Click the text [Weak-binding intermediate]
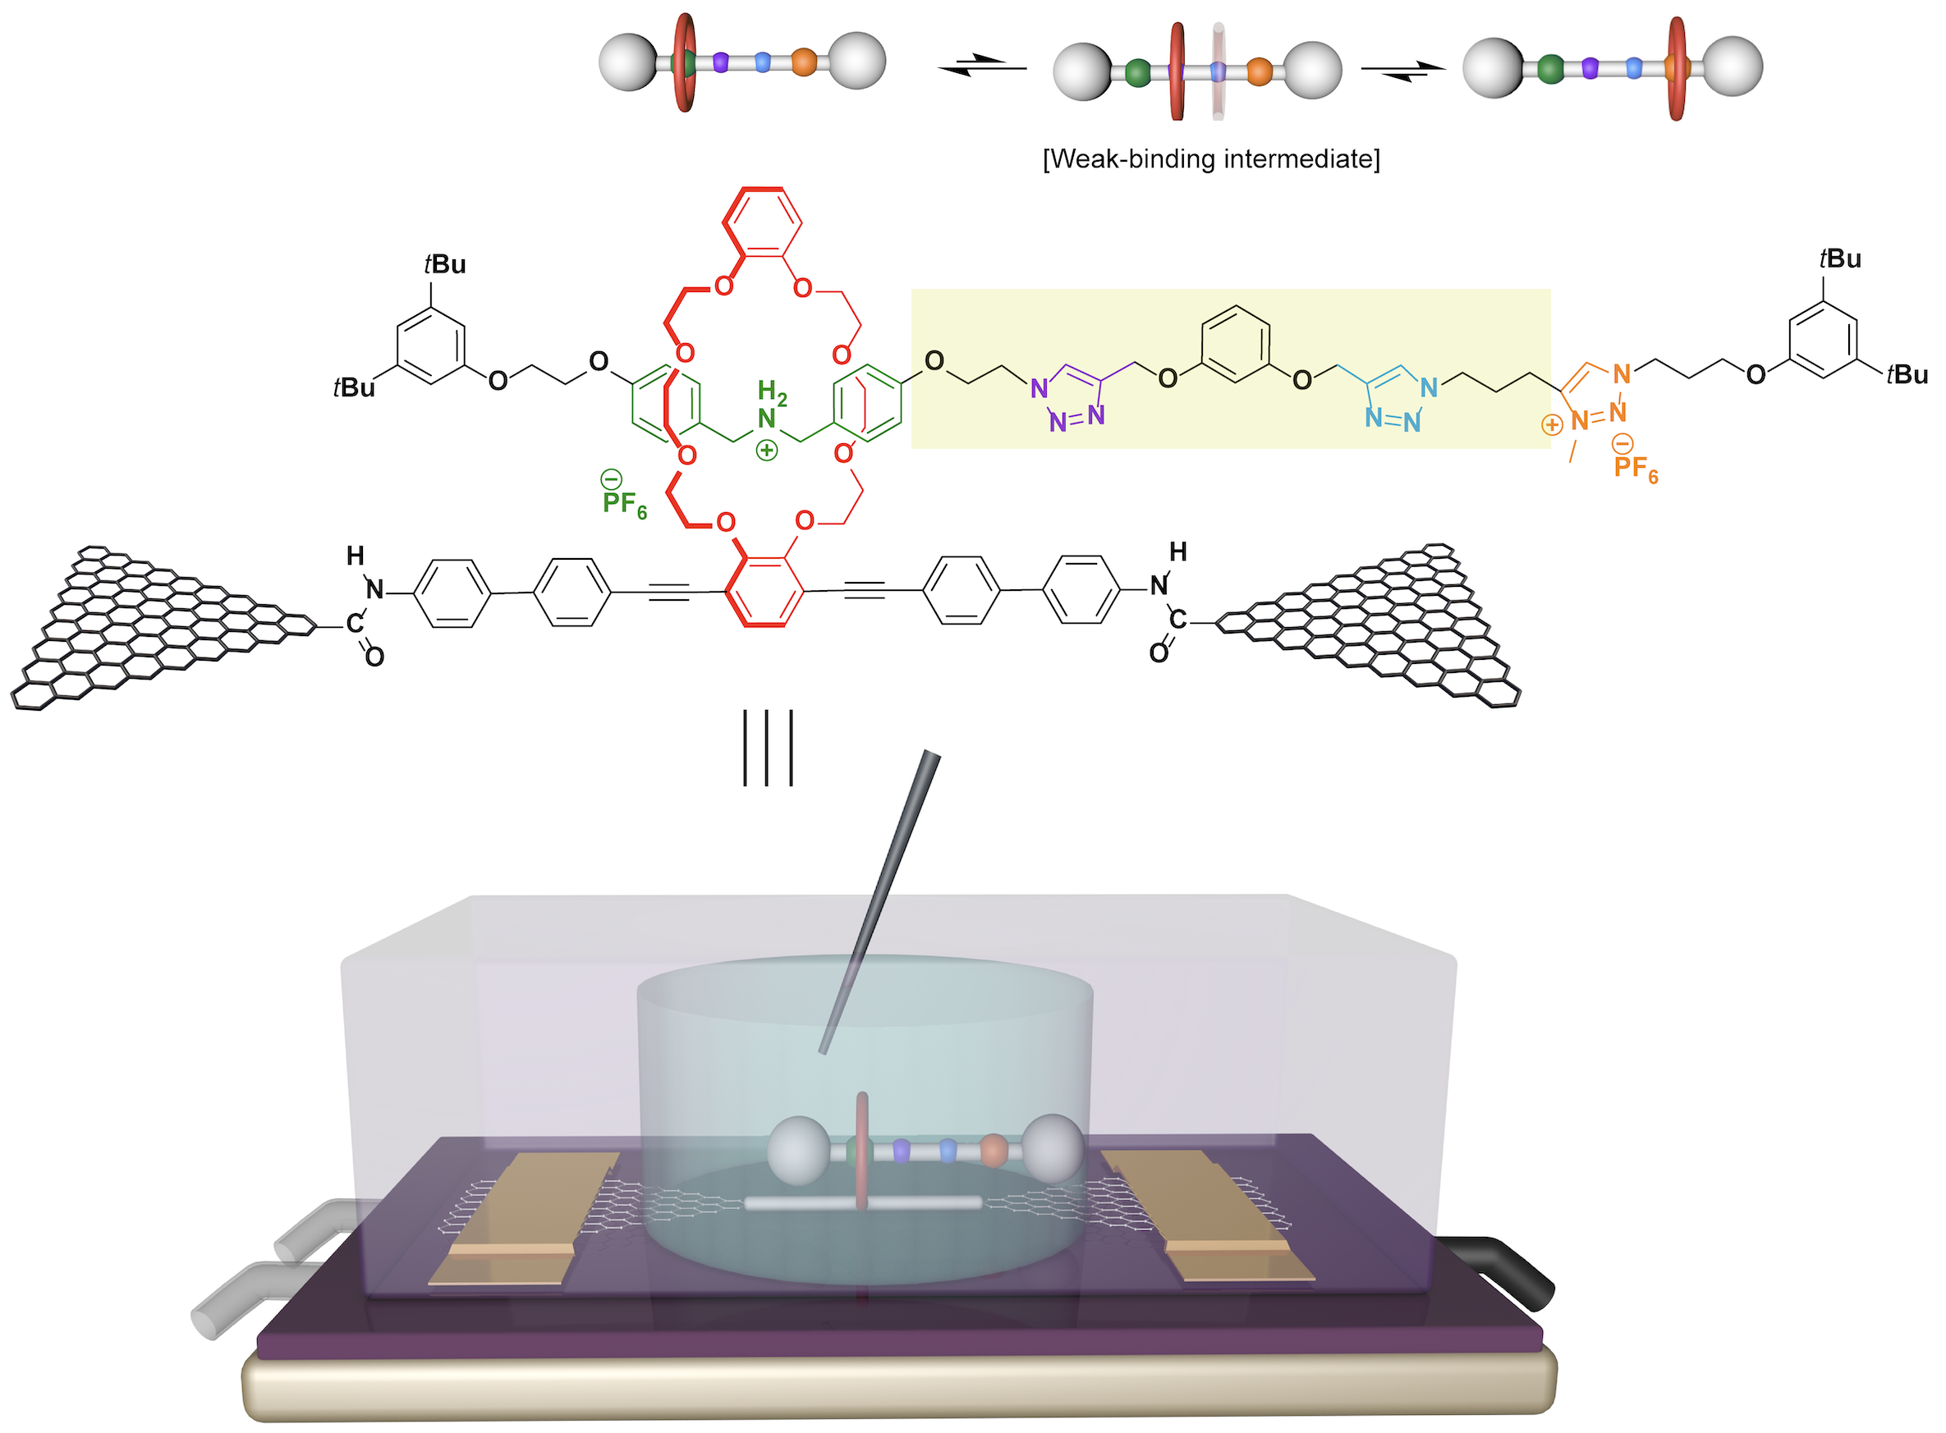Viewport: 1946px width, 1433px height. click(x=1210, y=159)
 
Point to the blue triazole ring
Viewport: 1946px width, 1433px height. click(x=1395, y=398)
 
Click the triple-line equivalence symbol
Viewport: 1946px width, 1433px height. click(x=768, y=748)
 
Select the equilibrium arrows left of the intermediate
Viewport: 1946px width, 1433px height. click(x=982, y=65)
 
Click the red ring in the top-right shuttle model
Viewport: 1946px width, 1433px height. click(x=1677, y=67)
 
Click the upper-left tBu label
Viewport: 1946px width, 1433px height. click(x=445, y=263)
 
